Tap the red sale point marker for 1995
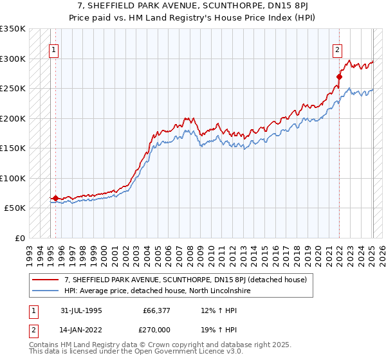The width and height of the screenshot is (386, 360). point(55,198)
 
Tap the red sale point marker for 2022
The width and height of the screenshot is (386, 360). point(339,76)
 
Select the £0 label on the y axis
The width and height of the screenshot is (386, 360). point(19,238)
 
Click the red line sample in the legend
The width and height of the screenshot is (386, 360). point(46,280)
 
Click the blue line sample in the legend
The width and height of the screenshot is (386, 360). point(46,291)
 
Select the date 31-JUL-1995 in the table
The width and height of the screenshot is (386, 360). point(81,309)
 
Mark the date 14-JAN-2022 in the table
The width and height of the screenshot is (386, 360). point(81,331)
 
